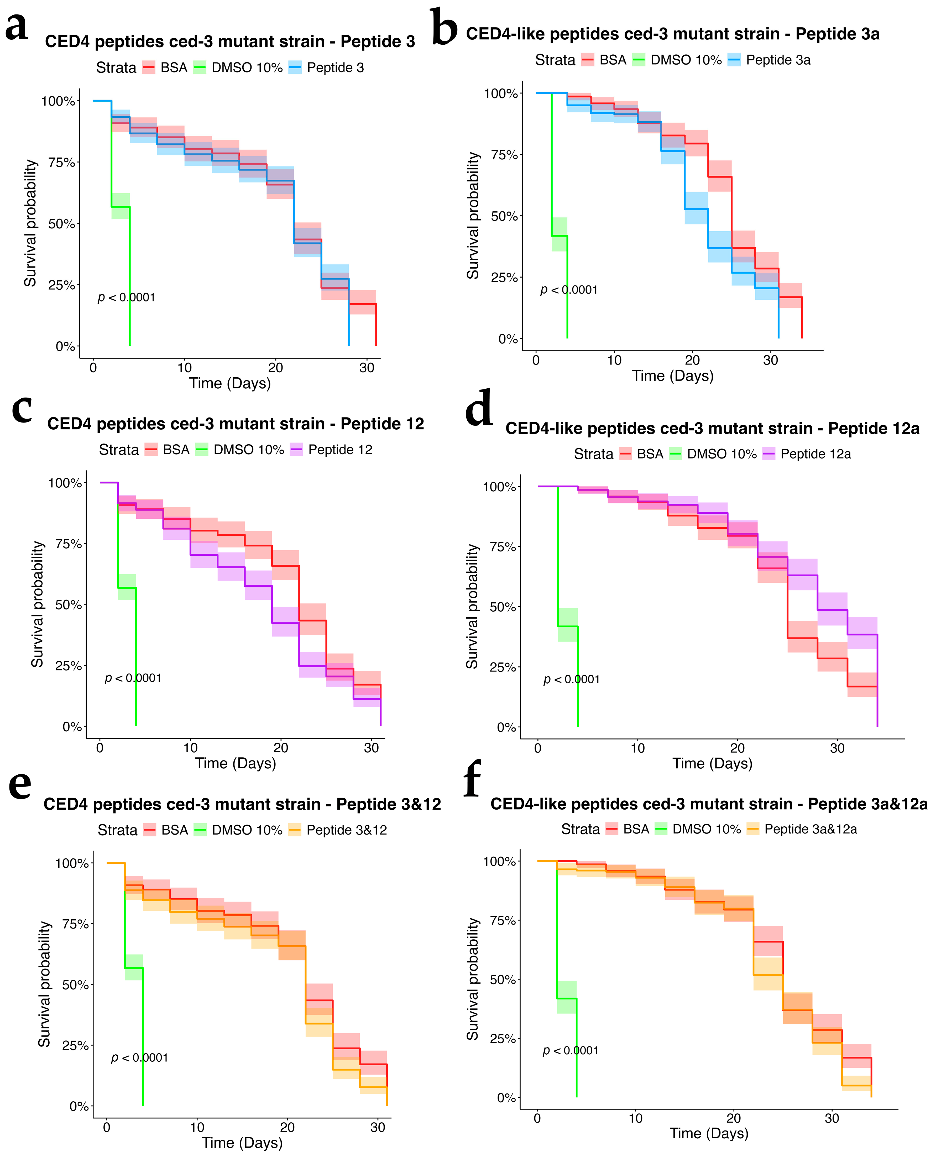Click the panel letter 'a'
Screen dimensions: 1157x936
pos(16,26)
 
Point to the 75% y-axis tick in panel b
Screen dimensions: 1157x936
pos(504,155)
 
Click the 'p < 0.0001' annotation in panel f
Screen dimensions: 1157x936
pos(571,1050)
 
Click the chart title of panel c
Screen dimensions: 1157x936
pos(236,424)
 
